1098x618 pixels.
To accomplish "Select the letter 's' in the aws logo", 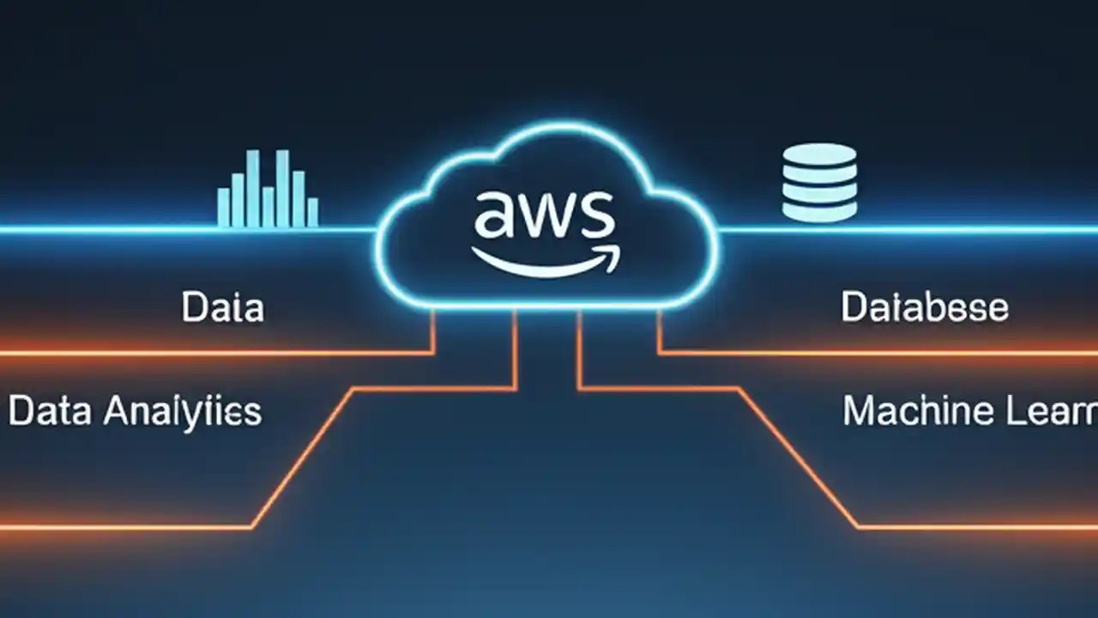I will click(596, 215).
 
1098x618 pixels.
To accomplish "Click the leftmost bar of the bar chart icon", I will click(223, 207).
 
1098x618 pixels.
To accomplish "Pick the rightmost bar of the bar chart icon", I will click(312, 212).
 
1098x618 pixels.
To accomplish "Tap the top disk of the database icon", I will click(819, 154).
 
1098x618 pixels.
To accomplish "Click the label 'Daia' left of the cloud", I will click(222, 308).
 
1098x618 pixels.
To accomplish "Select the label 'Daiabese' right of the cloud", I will click(924, 307).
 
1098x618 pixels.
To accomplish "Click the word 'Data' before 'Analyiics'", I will click(50, 412).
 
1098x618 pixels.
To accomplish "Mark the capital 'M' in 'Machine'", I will click(859, 411).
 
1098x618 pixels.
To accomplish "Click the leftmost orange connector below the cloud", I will click(433, 330).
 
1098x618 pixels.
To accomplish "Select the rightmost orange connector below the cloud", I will click(660, 330).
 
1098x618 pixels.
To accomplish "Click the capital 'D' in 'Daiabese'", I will click(854, 307).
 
